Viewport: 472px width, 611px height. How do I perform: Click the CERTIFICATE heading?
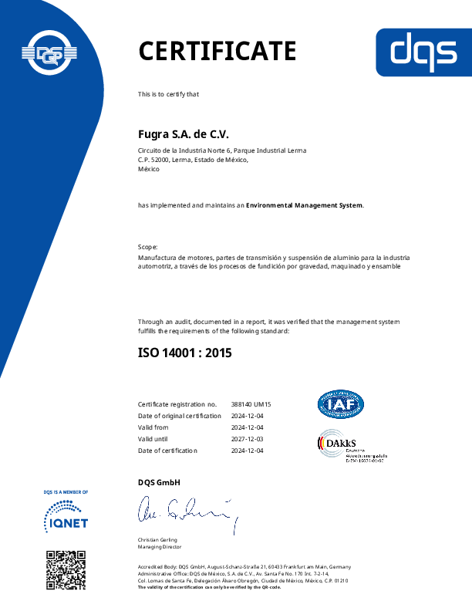pyautogui.click(x=217, y=51)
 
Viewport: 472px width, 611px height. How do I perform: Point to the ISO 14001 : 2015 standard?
pyautogui.click(x=184, y=353)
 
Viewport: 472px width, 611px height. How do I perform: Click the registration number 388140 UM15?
pyautogui.click(x=251, y=404)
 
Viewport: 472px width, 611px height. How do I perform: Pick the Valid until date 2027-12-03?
pyautogui.click(x=248, y=439)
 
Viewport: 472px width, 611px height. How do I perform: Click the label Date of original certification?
pyautogui.click(x=178, y=416)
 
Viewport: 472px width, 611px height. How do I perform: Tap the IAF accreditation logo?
pyautogui.click(x=341, y=404)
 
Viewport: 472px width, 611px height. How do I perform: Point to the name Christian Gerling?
pyautogui.click(x=157, y=540)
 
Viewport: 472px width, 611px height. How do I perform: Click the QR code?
pyautogui.click(x=66, y=569)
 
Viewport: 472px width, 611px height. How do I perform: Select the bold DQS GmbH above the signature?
pyautogui.click(x=159, y=483)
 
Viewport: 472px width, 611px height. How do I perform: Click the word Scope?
pyautogui.click(x=148, y=244)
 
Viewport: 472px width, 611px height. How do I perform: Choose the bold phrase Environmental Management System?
pyautogui.click(x=304, y=206)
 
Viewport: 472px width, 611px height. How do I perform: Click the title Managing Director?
pyautogui.click(x=160, y=547)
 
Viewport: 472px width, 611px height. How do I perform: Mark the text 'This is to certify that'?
pyautogui.click(x=168, y=94)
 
